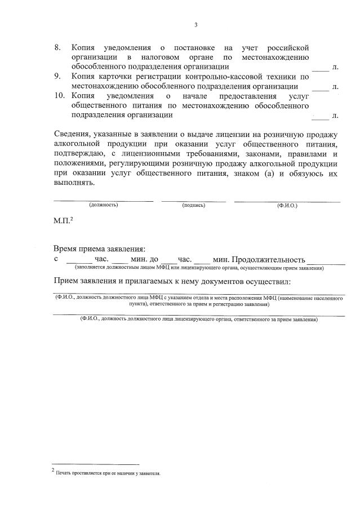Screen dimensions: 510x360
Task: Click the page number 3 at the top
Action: (x=196, y=24)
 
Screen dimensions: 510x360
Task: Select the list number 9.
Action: (x=57, y=76)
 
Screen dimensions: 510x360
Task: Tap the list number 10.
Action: (x=59, y=96)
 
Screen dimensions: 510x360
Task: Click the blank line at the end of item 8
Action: (x=320, y=68)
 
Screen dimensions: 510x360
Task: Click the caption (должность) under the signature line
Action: (x=103, y=205)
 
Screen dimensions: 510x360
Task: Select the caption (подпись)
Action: (x=193, y=205)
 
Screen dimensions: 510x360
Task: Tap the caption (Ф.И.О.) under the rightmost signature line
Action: (x=287, y=205)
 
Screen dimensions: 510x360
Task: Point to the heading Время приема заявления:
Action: (x=99, y=249)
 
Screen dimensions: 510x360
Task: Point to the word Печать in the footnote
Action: (x=63, y=473)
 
